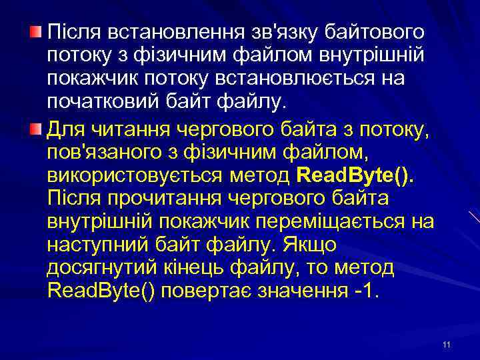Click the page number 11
pos(446,344)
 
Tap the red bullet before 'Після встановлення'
pos(36,31)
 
